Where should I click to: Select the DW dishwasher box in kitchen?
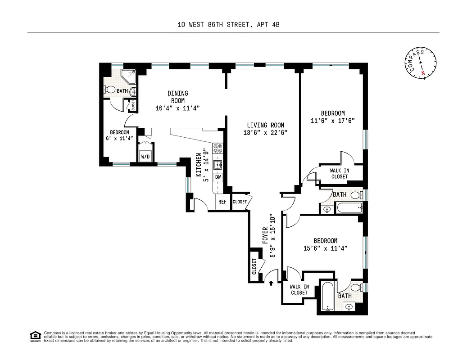coord(218,177)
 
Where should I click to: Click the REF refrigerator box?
coord(222,202)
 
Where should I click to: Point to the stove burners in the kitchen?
coord(218,148)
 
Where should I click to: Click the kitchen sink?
coord(218,164)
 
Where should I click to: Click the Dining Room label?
coord(177,97)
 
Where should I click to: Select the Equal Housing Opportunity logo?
coord(35,336)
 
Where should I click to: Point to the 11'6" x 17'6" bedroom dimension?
coord(333,121)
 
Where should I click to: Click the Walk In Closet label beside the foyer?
coord(299,290)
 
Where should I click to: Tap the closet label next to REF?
coord(240,202)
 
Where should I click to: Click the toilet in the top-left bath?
coord(109,90)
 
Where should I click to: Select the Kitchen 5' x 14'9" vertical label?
coord(201,165)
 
